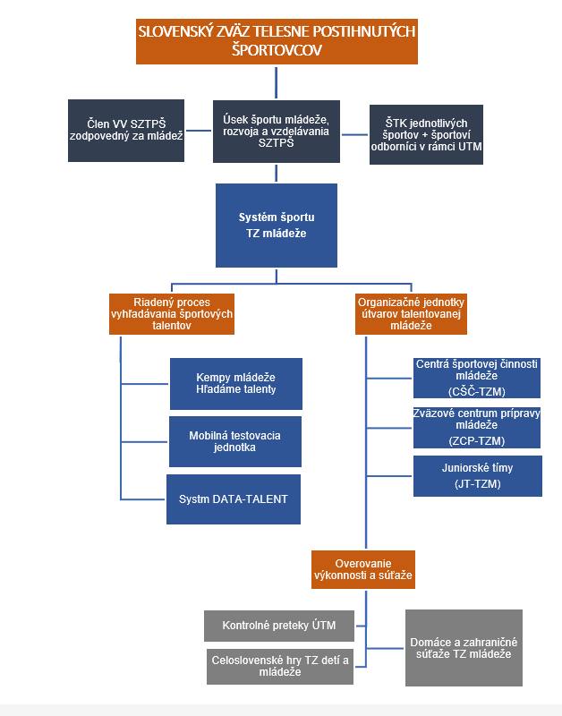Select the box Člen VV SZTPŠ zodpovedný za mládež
click(126, 130)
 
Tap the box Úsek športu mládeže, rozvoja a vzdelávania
click(275, 130)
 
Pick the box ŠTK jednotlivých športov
click(427, 134)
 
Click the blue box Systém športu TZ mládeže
click(276, 225)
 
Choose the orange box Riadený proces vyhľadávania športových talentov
click(171, 314)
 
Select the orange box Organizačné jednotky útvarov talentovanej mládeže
click(411, 314)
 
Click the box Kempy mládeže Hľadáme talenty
click(235, 382)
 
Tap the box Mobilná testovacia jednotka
click(235, 441)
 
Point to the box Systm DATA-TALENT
click(233, 499)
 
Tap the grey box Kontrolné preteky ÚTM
click(278, 625)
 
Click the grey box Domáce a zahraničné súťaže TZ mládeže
click(463, 648)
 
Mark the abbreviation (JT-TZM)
click(476, 484)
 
